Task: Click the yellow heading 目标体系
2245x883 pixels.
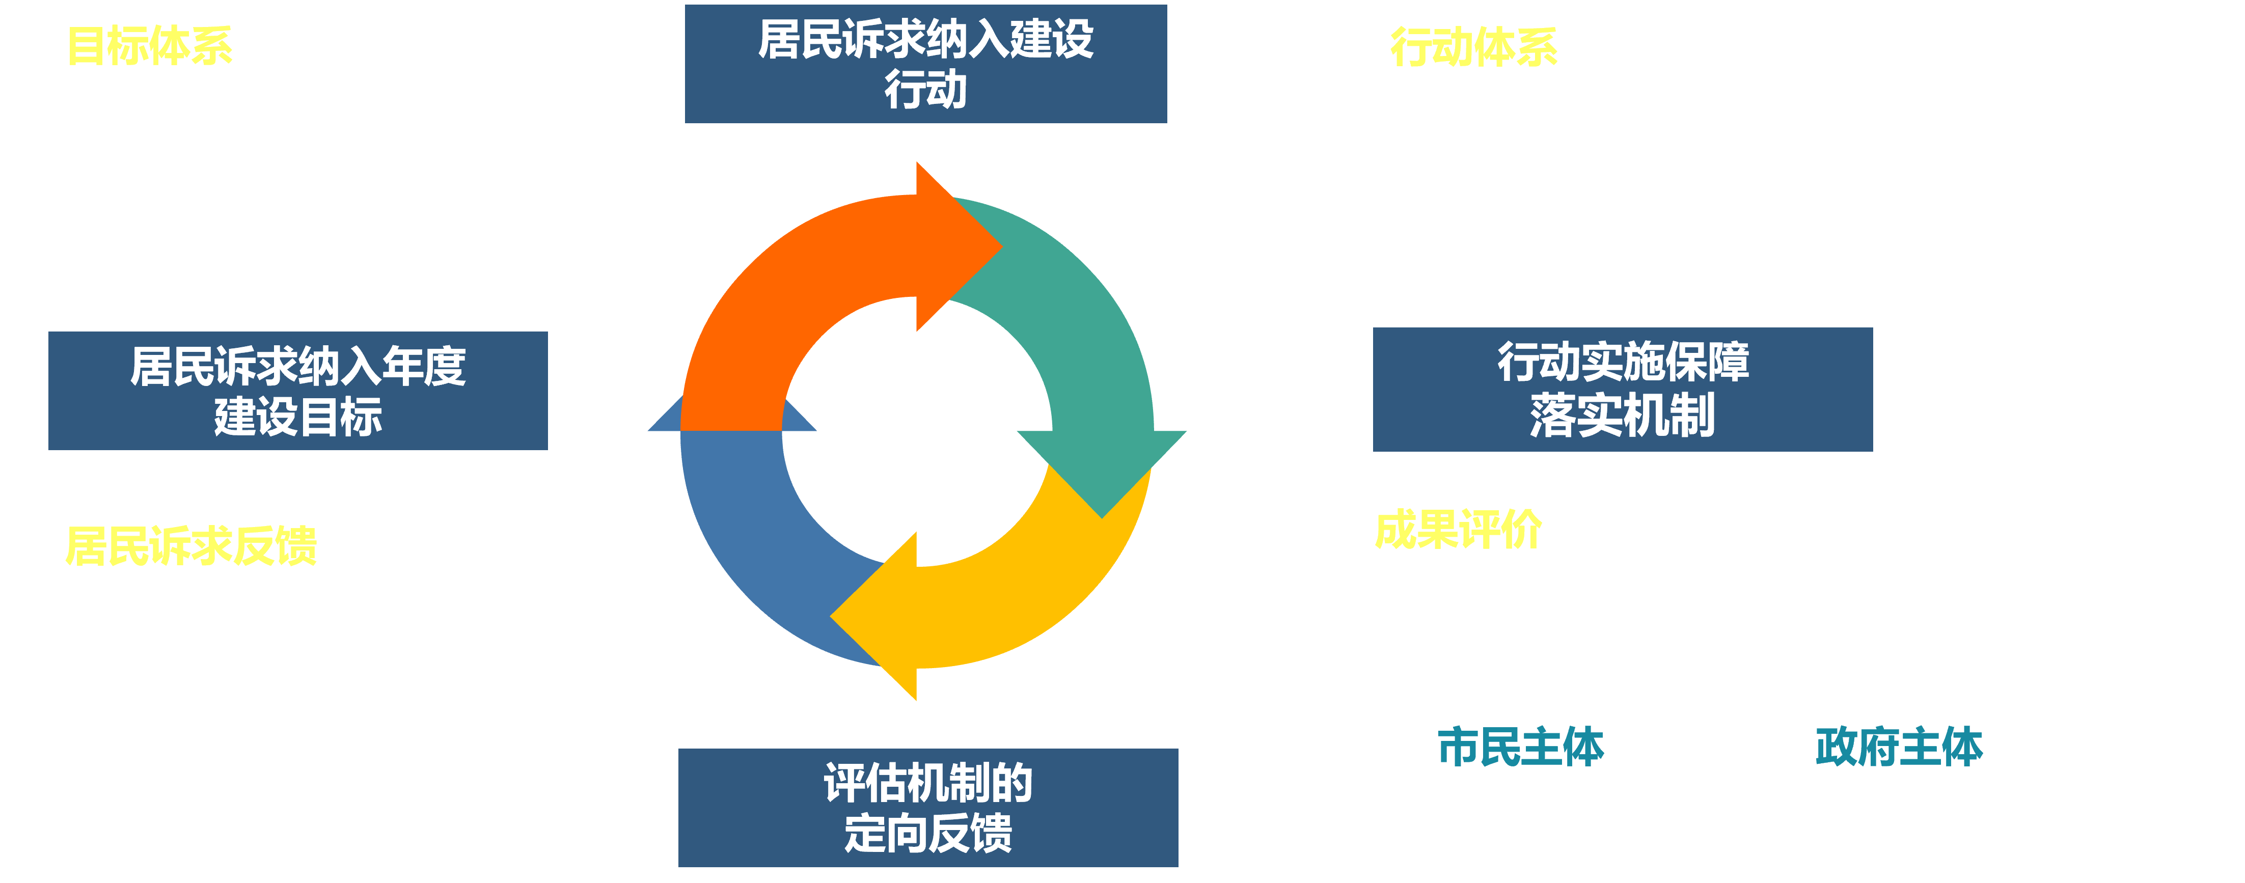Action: point(150,46)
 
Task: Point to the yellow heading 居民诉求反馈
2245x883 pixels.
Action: point(191,546)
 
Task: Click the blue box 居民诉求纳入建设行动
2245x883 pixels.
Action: point(925,64)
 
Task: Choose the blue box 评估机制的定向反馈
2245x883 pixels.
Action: point(928,807)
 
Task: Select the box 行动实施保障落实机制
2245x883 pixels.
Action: point(1622,390)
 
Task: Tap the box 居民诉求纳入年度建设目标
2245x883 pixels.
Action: point(298,391)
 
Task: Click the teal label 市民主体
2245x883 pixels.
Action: point(1521,747)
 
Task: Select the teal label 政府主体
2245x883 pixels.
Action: point(1899,747)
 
